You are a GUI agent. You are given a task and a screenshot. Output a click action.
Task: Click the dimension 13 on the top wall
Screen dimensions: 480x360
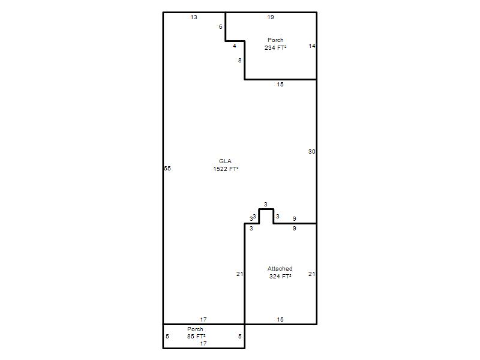tap(194, 17)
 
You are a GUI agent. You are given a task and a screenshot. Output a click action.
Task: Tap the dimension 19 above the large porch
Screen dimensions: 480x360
tap(271, 17)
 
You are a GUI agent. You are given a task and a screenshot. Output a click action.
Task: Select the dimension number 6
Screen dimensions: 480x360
tap(220, 27)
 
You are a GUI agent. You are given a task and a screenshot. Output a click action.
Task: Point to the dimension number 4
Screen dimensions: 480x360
tap(235, 46)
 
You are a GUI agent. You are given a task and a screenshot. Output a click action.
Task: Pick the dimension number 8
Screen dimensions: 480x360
tap(239, 61)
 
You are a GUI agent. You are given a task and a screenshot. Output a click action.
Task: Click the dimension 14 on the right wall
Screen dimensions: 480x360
tap(312, 46)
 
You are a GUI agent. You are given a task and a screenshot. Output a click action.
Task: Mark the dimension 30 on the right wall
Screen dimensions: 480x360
tap(312, 152)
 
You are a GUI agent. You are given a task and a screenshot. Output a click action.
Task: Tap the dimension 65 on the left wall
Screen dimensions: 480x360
tap(167, 169)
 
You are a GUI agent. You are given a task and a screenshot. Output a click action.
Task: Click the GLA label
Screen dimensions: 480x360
tap(226, 161)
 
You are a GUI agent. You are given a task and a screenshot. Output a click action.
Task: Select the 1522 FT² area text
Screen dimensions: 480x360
tap(226, 169)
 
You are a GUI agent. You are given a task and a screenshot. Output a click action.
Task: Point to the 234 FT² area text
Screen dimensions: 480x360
tap(275, 47)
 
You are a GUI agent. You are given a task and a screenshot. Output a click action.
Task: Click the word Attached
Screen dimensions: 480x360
tap(280, 268)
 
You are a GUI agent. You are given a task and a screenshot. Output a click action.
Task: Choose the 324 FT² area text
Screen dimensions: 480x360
tap(280, 276)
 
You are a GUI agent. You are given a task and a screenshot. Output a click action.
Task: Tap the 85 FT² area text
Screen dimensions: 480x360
tap(196, 336)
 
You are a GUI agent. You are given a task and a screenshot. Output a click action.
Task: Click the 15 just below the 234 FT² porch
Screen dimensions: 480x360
tap(280, 85)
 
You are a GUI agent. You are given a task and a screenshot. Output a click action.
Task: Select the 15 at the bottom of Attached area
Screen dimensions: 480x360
tap(280, 320)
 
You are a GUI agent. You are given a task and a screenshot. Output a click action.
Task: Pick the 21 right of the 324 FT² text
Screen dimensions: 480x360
tap(312, 274)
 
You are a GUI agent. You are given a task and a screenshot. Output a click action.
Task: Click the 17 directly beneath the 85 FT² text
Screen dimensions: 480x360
tap(203, 343)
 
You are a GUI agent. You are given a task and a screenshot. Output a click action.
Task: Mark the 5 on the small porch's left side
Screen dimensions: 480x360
tap(167, 337)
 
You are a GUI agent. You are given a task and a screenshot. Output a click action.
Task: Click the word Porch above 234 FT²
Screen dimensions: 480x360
tap(275, 40)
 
